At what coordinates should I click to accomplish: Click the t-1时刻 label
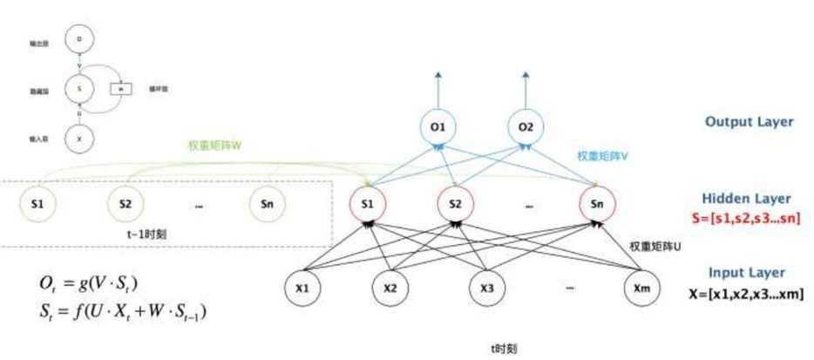pos(144,234)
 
